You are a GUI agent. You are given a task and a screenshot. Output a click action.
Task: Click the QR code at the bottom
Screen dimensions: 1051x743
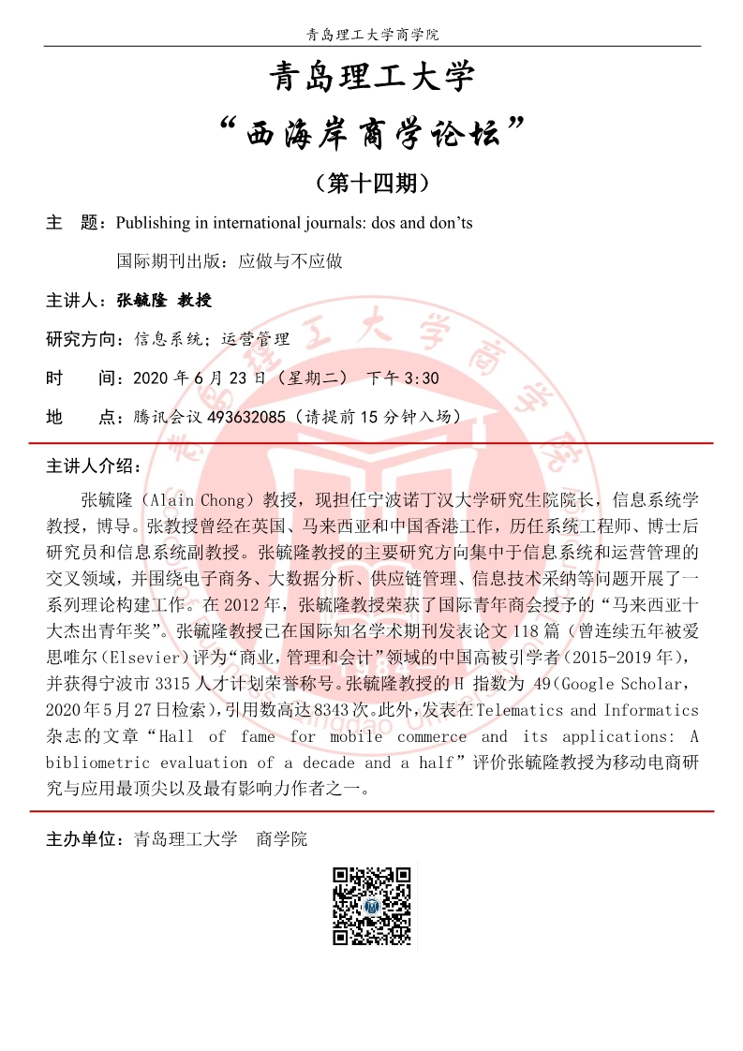point(371,906)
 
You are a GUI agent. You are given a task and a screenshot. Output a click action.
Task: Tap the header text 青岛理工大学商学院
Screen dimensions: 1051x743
point(372,35)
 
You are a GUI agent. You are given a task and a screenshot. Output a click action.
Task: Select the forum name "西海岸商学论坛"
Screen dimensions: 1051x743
point(372,133)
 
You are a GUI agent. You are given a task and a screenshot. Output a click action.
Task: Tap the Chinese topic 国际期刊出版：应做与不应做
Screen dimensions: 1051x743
point(230,261)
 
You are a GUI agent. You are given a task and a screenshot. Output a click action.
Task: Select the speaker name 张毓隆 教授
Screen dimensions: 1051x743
point(165,301)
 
